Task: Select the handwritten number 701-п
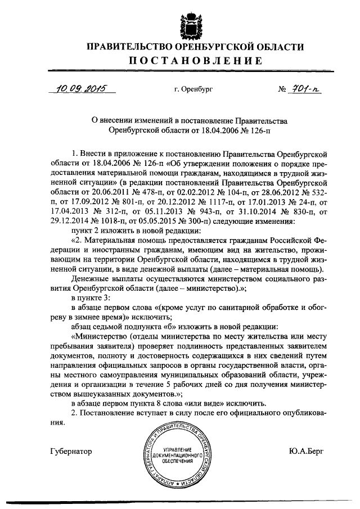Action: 306,88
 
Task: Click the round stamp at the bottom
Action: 180,455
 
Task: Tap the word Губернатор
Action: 71,451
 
